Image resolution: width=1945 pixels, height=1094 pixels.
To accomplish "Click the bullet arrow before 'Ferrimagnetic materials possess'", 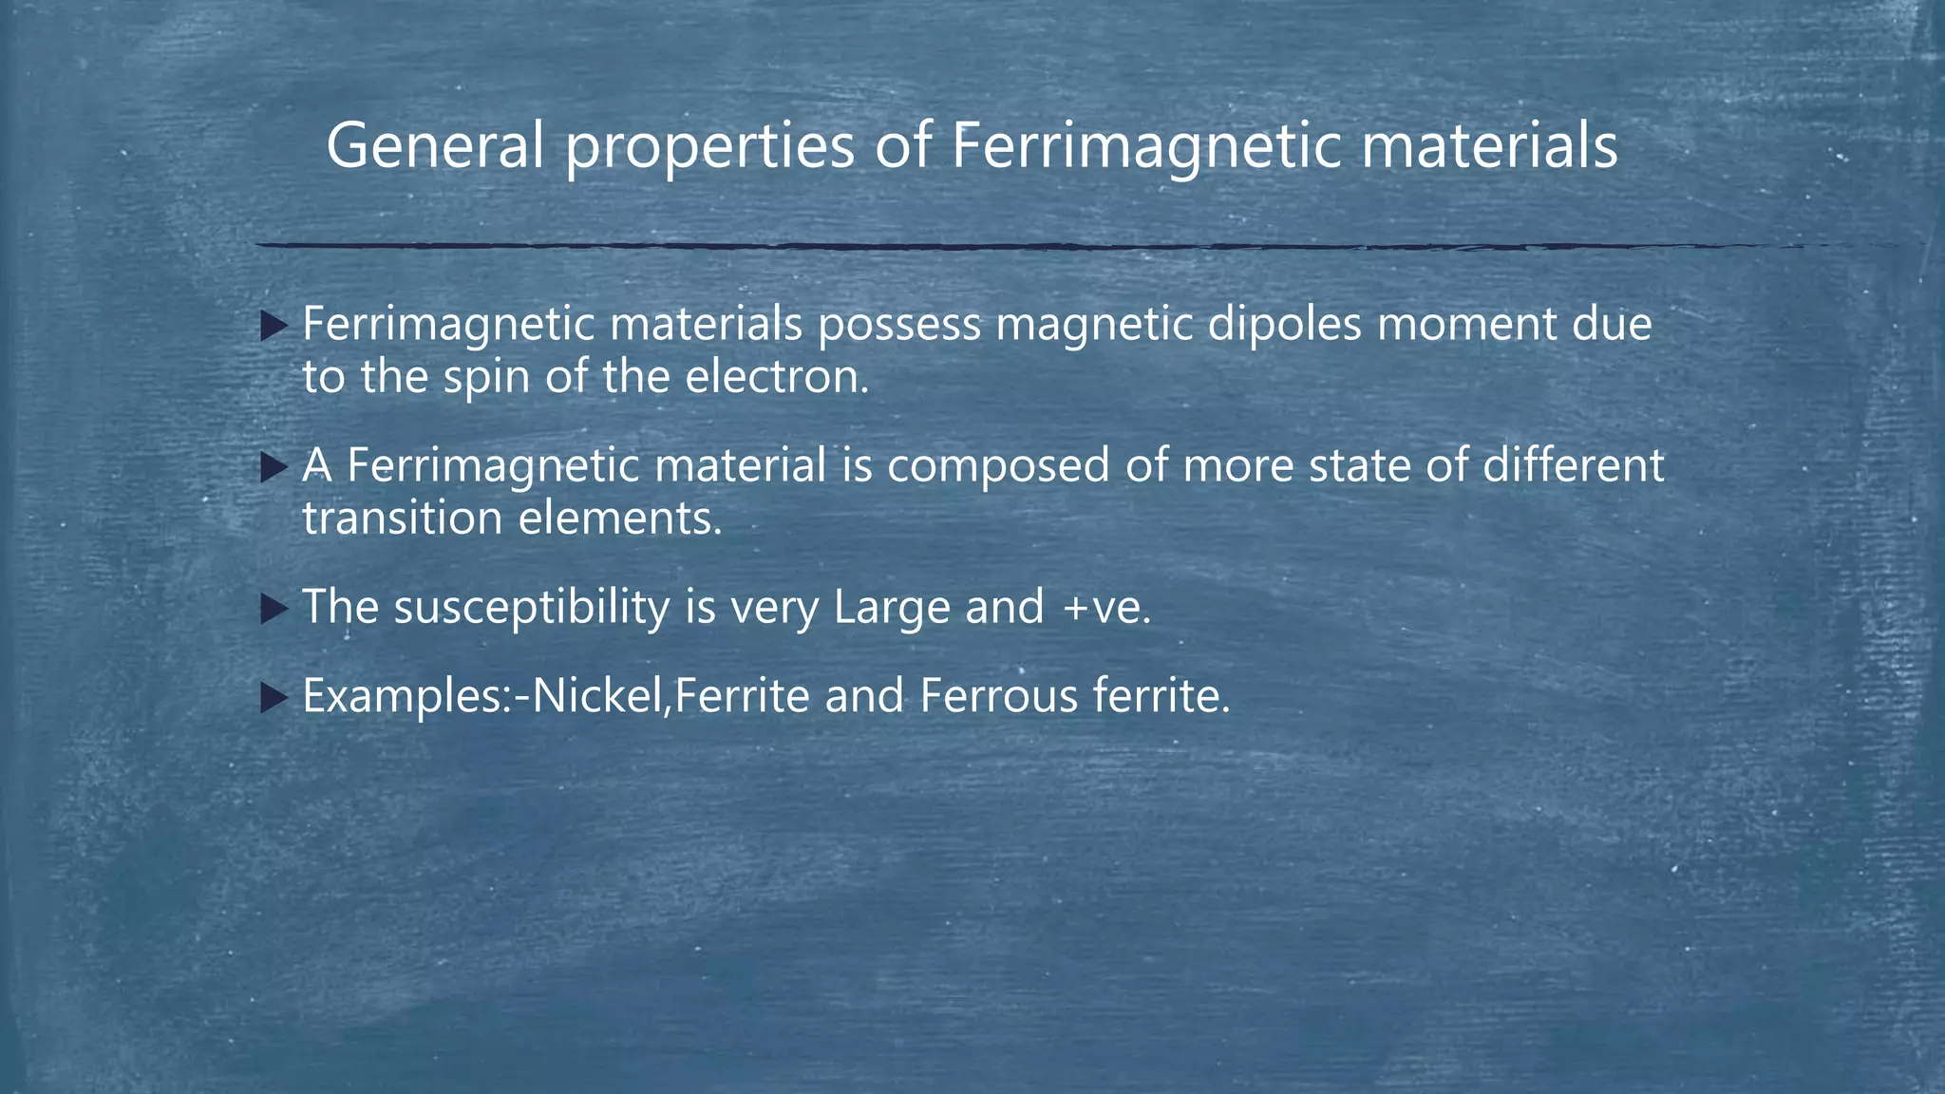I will pyautogui.click(x=274, y=328).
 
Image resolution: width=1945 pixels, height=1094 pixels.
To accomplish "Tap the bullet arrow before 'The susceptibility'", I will pyautogui.click(x=274, y=609).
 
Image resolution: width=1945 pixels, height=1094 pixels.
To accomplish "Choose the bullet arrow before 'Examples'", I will pyautogui.click(x=274, y=699).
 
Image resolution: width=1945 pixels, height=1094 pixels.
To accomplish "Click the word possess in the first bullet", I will pyautogui.click(x=898, y=325).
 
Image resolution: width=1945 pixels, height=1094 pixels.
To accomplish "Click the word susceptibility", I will pyautogui.click(x=532, y=609).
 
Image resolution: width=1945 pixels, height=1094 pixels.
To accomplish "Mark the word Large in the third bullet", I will pyautogui.click(x=891, y=609).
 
